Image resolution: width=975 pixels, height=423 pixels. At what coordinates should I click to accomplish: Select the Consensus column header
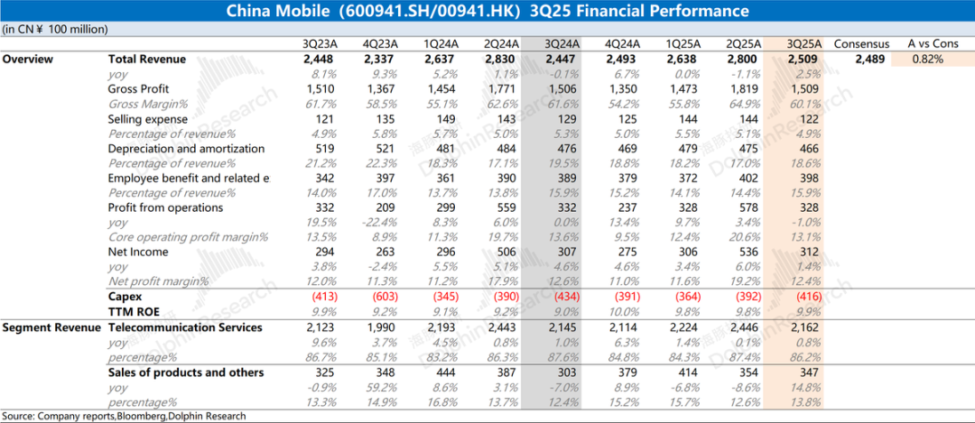click(861, 43)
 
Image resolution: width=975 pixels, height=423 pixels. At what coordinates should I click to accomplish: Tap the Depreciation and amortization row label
click(186, 149)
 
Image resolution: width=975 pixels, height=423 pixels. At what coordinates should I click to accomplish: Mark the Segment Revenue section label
click(51, 326)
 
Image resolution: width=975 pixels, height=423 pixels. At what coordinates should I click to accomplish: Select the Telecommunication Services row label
click(185, 326)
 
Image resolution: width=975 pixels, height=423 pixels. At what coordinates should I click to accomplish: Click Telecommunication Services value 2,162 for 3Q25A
click(803, 326)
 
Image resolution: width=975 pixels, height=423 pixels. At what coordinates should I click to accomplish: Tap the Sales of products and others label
click(186, 372)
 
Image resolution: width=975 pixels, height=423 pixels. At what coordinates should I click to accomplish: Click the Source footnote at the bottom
click(123, 416)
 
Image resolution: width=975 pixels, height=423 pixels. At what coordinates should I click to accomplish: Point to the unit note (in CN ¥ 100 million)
click(55, 29)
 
